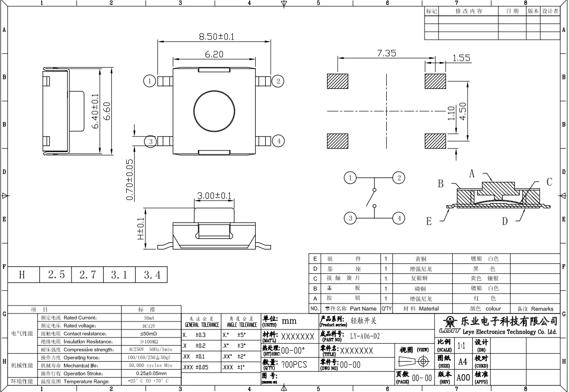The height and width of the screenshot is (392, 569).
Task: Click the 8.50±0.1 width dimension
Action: (216, 37)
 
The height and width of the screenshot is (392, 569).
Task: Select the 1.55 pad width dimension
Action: (461, 58)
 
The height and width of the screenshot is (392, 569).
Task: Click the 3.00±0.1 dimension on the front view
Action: (214, 196)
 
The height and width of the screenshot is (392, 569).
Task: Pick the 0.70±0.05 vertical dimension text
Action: (130, 179)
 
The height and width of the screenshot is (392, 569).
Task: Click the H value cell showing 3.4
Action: (151, 274)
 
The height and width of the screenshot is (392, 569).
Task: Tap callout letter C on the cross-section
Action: (549, 182)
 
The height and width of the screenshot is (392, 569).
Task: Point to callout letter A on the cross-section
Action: (472, 173)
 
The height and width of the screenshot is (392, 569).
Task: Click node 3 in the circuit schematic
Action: (351, 218)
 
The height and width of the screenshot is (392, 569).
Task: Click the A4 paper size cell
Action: (462, 361)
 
